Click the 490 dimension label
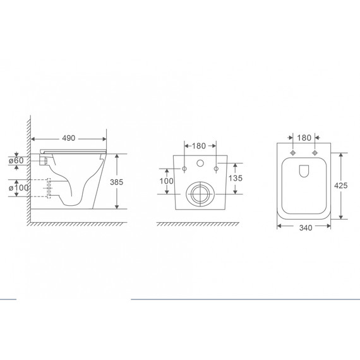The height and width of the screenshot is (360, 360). point(69,138)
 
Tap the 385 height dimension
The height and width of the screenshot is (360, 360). point(117,182)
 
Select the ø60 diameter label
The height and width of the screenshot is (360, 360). point(16,160)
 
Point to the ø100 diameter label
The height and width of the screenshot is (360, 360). point(18,188)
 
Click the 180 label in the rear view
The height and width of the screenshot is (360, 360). point(199,146)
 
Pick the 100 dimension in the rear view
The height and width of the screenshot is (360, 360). point(167,181)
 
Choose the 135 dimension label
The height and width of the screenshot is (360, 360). point(236,178)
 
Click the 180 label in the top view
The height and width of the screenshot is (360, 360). point(304,138)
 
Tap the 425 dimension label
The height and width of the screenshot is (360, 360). point(340,185)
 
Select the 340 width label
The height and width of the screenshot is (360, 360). point(306,228)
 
